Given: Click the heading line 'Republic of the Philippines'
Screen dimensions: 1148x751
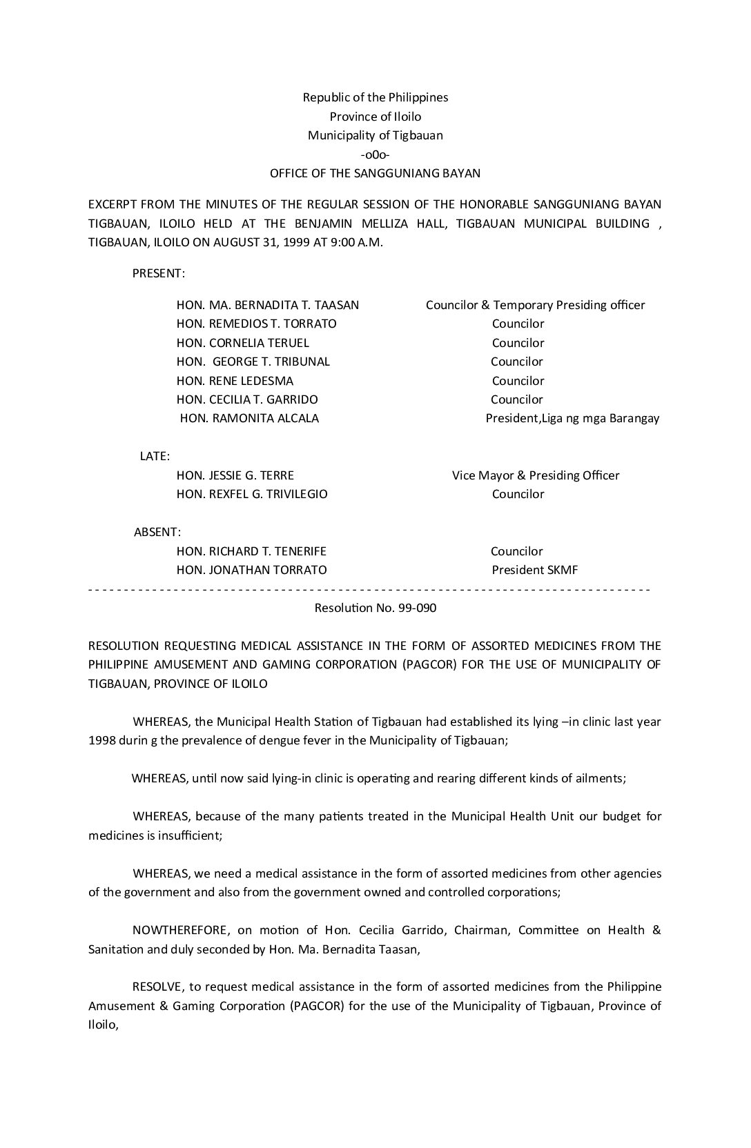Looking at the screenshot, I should [375, 97].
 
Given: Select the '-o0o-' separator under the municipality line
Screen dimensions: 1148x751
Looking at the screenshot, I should [375, 155].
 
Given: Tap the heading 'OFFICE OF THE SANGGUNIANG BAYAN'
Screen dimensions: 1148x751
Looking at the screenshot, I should [375, 173].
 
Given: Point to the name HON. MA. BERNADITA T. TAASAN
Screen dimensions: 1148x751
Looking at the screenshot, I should [268, 305].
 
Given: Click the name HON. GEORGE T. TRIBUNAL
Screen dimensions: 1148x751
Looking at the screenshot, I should [253, 362].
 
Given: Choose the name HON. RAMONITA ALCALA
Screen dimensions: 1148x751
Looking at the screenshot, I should [249, 418].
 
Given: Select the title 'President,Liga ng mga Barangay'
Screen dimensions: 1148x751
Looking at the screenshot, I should [572, 418].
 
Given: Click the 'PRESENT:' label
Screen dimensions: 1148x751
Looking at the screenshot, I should [159, 273].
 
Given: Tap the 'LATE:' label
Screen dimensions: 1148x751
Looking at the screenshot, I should [155, 456].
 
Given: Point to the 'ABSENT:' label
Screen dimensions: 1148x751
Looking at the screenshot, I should [157, 532].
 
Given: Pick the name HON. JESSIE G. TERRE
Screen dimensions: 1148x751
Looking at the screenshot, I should [235, 475].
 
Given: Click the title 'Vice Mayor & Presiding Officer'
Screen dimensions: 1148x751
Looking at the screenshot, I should [536, 475].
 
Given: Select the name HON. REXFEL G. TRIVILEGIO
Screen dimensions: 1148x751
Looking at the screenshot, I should [252, 494].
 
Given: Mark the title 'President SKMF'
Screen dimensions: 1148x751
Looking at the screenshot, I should [535, 570].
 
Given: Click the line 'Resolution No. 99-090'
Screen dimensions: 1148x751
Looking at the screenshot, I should [375, 608].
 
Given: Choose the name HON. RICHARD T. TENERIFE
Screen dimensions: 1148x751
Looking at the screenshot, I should [251, 551].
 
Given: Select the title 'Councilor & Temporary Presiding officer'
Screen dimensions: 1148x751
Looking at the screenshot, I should [536, 305].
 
